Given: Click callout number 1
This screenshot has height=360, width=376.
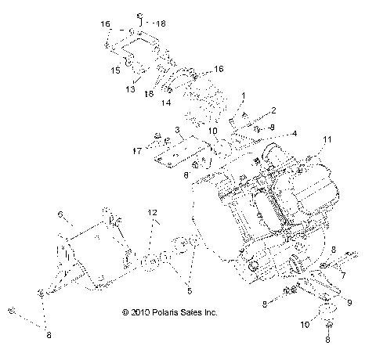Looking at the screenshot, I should [244, 95].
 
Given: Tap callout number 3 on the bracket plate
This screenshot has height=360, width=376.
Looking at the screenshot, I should [179, 130].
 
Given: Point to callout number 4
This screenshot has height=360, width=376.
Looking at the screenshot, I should [295, 134].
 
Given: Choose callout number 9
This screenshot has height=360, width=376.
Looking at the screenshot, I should [349, 302].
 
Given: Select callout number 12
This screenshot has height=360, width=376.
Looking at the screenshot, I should [154, 212].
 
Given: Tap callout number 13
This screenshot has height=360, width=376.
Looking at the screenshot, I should [131, 89].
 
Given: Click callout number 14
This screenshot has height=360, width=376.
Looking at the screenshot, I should [166, 103].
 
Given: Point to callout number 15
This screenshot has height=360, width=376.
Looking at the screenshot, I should [114, 70].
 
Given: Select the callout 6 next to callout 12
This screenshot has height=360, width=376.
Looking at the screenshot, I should [60, 213].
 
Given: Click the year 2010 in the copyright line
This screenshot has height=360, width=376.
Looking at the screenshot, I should [145, 312].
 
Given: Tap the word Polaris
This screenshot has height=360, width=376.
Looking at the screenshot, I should [170, 312].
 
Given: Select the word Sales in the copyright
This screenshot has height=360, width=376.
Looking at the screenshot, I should [196, 312].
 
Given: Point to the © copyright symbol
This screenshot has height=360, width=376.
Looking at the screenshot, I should [126, 312].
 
